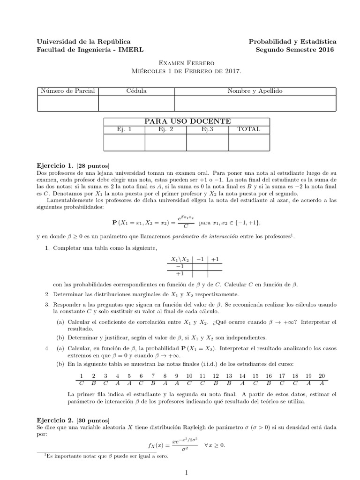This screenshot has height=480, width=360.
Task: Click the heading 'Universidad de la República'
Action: [x=83, y=42]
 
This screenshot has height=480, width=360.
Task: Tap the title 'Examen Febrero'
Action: [x=180, y=63]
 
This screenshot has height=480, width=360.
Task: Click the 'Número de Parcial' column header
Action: [x=67, y=91]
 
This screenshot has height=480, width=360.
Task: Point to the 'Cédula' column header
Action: [x=136, y=91]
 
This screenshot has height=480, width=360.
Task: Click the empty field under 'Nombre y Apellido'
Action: [x=255, y=103]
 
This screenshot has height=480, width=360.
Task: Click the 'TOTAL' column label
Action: [x=249, y=129]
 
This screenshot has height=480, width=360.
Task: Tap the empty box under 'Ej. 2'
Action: [x=165, y=142]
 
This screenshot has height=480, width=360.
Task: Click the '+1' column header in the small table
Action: [x=216, y=259]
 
